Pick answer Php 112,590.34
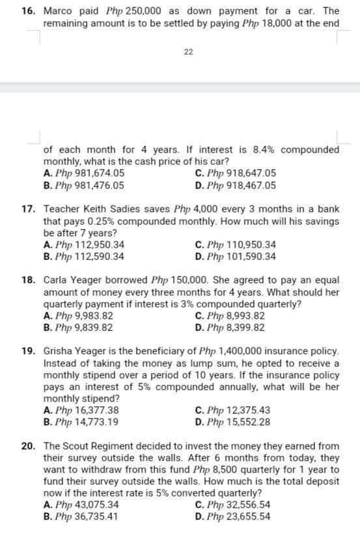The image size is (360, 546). (84, 256)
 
